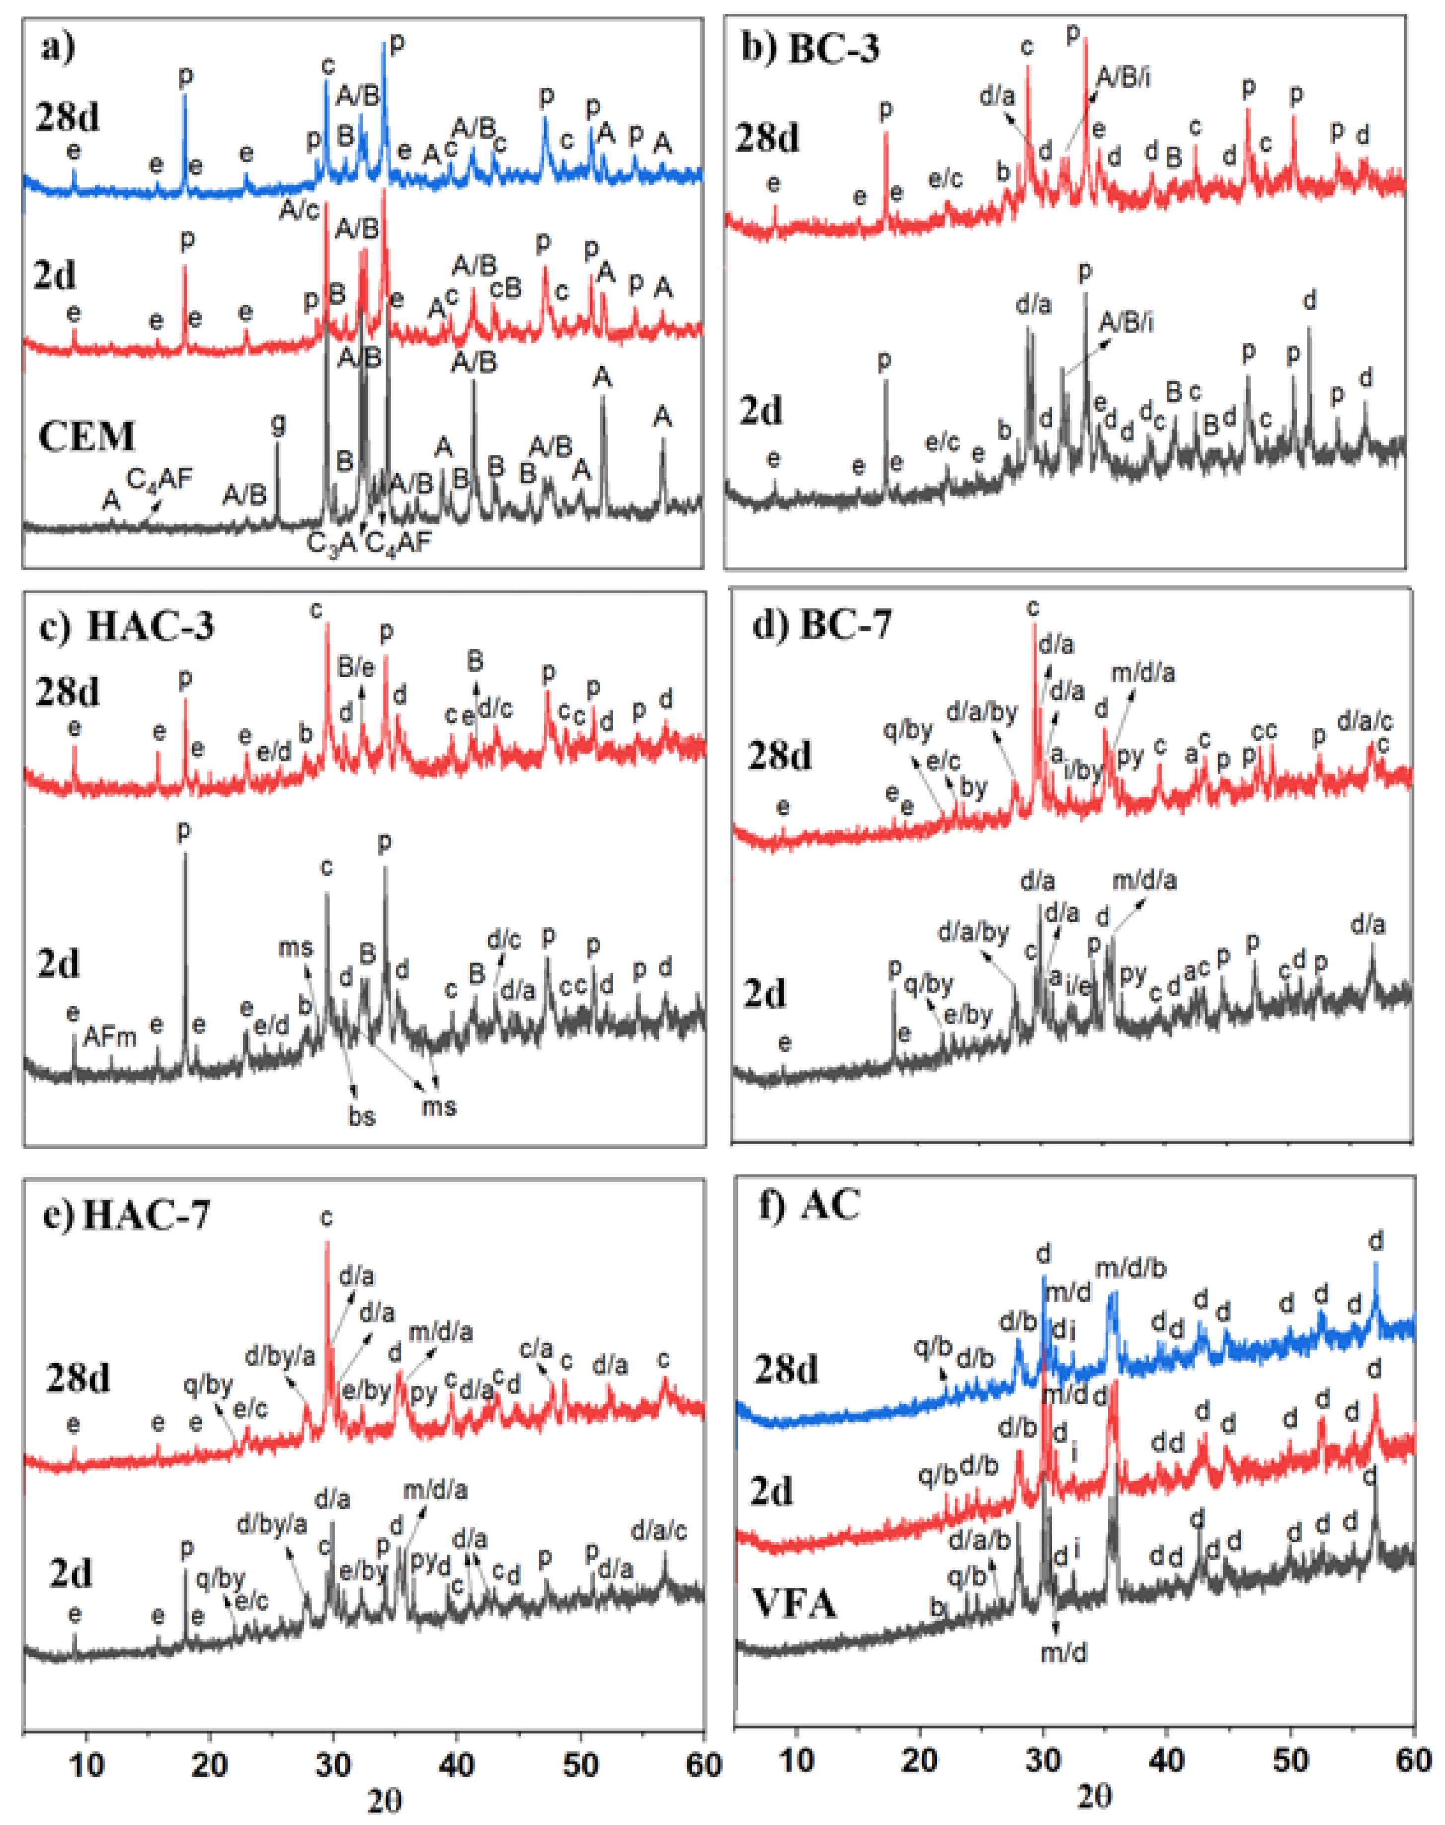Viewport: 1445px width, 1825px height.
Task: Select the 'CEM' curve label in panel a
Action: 86,437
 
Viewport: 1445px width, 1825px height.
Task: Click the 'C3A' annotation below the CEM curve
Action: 331,544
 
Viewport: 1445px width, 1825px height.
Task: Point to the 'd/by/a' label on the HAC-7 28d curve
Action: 280,1356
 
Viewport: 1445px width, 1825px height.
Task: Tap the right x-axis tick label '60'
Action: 1413,1761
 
